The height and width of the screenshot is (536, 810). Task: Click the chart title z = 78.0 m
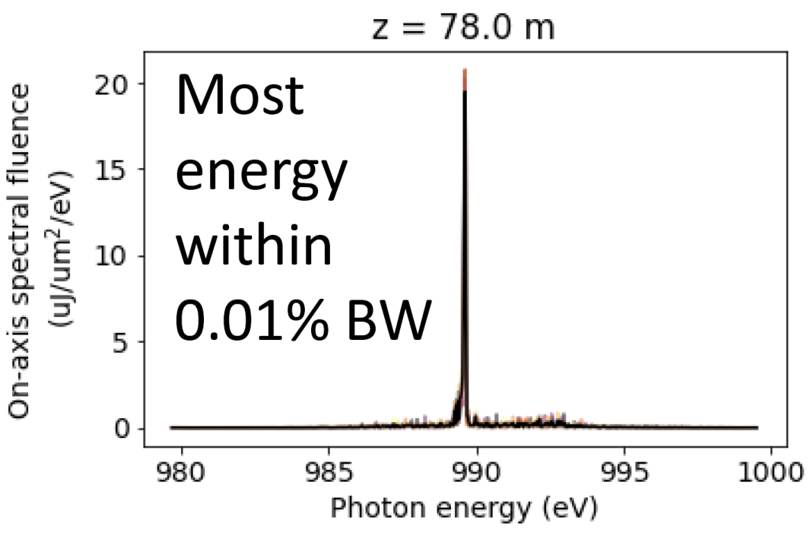point(463,27)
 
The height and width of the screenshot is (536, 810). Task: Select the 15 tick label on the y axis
point(111,170)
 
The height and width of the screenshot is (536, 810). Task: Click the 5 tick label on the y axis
point(120,342)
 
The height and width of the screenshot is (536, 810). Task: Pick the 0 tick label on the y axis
point(120,428)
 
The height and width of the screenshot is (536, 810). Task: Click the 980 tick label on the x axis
point(181,471)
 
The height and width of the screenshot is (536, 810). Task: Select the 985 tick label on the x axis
point(329,471)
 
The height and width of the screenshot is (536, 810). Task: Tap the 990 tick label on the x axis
point(476,471)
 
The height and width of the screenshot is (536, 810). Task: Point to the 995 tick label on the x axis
point(624,471)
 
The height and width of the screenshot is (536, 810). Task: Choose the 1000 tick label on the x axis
point(770,471)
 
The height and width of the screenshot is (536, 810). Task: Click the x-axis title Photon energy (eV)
point(463,509)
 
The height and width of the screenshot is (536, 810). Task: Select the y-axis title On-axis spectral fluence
point(19,251)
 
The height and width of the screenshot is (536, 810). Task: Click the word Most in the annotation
point(240,95)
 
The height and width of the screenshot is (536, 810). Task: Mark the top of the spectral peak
point(465,68)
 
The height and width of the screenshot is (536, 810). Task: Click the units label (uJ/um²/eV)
point(60,251)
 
